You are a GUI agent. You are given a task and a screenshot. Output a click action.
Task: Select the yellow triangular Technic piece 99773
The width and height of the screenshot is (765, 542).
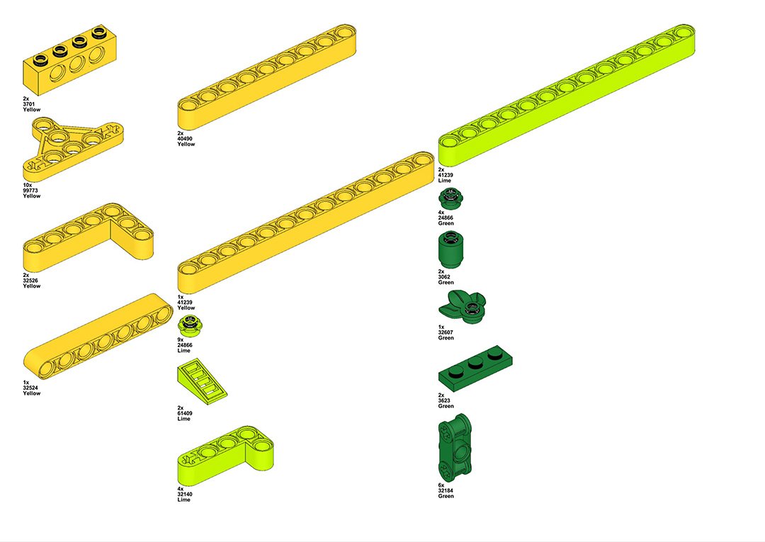click(73, 148)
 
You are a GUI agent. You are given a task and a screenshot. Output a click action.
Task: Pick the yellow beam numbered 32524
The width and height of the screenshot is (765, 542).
click(98, 336)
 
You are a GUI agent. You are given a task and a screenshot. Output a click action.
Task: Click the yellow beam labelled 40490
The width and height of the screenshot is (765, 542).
click(266, 77)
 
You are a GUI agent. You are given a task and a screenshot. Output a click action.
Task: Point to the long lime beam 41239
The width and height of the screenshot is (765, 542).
click(567, 95)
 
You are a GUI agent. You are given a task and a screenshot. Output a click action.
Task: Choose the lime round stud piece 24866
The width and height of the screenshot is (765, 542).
click(191, 325)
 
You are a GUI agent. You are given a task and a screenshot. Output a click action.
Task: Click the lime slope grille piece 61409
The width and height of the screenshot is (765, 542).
click(201, 381)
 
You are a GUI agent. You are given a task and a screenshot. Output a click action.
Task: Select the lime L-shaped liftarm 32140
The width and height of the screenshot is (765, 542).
click(225, 453)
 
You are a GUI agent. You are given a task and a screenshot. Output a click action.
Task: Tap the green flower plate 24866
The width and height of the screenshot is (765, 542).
click(450, 198)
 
